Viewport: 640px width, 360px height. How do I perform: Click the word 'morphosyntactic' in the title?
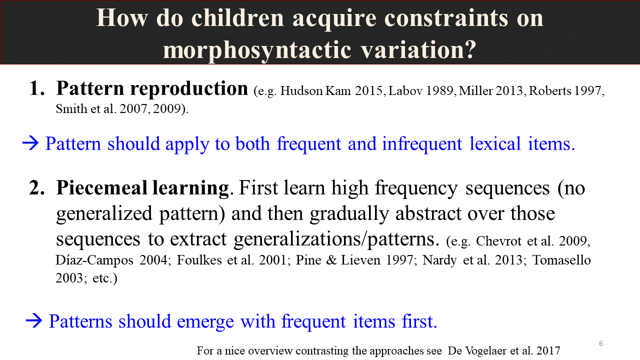pos(257,50)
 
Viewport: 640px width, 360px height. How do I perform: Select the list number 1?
pos(37,88)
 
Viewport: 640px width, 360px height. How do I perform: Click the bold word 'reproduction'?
pos(189,88)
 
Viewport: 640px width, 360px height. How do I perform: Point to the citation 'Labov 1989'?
pos(420,91)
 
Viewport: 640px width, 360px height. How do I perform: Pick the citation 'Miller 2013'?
pos(491,91)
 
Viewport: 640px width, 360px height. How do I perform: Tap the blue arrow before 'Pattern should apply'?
pos(30,143)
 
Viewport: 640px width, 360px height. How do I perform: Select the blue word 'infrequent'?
pos(422,143)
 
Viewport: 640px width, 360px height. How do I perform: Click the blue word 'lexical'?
pos(495,143)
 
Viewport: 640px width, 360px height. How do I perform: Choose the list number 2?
pos(37,188)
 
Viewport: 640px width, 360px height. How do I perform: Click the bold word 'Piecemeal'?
pos(101,188)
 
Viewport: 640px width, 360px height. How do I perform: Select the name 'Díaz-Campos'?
pos(94,260)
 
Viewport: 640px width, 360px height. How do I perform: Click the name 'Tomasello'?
pos(561,260)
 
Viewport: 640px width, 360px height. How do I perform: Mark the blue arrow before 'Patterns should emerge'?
pos(34,321)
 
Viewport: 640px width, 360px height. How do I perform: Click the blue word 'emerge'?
pos(205,322)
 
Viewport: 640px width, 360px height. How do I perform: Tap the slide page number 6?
pos(601,343)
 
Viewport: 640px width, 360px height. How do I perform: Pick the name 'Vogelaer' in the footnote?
pos(487,351)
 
